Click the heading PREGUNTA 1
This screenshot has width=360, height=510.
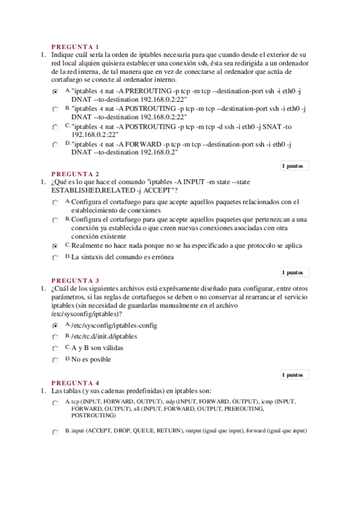coord(75,46)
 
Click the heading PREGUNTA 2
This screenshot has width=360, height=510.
coord(75,174)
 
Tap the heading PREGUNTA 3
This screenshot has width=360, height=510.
coord(75,280)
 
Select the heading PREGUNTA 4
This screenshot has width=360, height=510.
coord(75,382)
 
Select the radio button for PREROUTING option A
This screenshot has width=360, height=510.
coord(55,92)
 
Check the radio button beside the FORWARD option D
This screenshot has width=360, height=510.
coord(55,146)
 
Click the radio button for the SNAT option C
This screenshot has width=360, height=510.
coord(55,127)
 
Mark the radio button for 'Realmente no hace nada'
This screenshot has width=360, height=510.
coord(55,246)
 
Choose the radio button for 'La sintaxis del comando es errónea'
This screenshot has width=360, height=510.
coord(55,258)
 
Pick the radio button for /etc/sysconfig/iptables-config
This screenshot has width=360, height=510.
coord(55,325)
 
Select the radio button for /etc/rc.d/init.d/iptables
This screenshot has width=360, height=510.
coord(55,337)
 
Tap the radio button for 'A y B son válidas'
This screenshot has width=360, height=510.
coord(55,349)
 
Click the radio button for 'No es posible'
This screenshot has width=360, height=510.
coord(55,361)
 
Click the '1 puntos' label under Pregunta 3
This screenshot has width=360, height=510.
coord(292,375)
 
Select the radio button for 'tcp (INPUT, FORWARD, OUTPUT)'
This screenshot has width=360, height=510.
coord(55,402)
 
